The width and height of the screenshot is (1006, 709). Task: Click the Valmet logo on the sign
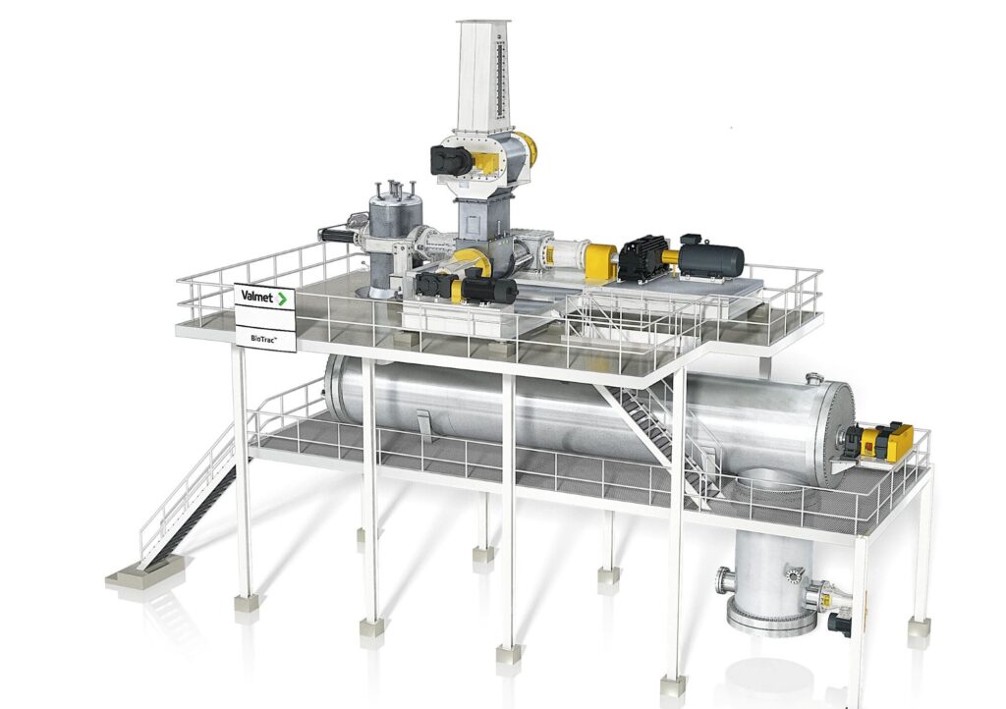point(263,298)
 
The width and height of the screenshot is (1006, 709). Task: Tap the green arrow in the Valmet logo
point(281,299)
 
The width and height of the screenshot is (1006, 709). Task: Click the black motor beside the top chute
point(452,160)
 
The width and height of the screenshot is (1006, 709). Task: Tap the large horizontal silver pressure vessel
point(590,416)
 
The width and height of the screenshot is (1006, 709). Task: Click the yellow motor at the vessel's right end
point(885,441)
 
